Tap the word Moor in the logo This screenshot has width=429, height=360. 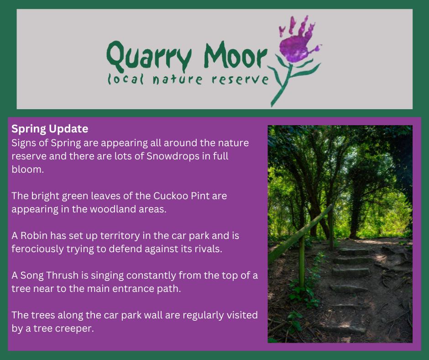pos(235,55)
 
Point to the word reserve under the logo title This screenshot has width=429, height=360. pos(240,79)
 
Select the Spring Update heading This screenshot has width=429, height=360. pos(50,129)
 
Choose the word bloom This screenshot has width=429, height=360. pos(27,169)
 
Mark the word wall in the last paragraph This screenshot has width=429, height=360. pos(153,315)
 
